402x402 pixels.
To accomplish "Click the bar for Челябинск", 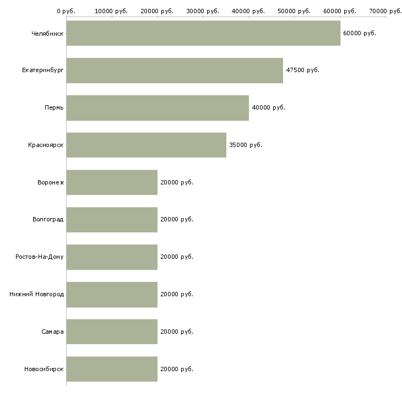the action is pyautogui.click(x=203, y=33).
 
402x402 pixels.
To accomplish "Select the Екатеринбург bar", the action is pyautogui.click(x=175, y=70).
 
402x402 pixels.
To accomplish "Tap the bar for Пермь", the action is pyautogui.click(x=157, y=108).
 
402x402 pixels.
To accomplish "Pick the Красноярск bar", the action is pyautogui.click(x=146, y=145).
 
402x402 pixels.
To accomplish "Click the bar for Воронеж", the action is pyautogui.click(x=112, y=182).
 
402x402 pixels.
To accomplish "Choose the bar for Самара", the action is pyautogui.click(x=112, y=332).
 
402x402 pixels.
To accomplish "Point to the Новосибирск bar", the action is pyautogui.click(x=112, y=369).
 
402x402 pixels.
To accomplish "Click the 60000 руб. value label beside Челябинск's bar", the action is pyautogui.click(x=360, y=34).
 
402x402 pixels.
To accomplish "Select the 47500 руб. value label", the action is pyautogui.click(x=302, y=70).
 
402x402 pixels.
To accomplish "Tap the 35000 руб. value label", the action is pyautogui.click(x=246, y=145).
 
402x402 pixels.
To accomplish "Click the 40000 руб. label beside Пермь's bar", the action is pyautogui.click(x=268, y=108).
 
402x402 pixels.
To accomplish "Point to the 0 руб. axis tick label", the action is pyautogui.click(x=66, y=11).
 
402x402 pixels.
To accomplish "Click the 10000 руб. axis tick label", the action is pyautogui.click(x=111, y=11).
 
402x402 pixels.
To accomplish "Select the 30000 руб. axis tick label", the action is pyautogui.click(x=203, y=11).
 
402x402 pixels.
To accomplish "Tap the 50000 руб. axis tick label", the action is pyautogui.click(x=294, y=11).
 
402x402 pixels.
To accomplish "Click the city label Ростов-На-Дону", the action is pyautogui.click(x=40, y=257).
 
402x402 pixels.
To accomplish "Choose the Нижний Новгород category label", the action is pyautogui.click(x=37, y=294).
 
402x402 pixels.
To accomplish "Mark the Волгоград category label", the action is pyautogui.click(x=48, y=220).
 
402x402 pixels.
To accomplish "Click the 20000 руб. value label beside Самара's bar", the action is pyautogui.click(x=177, y=332).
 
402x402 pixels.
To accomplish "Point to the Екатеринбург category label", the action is pyautogui.click(x=42, y=70).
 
